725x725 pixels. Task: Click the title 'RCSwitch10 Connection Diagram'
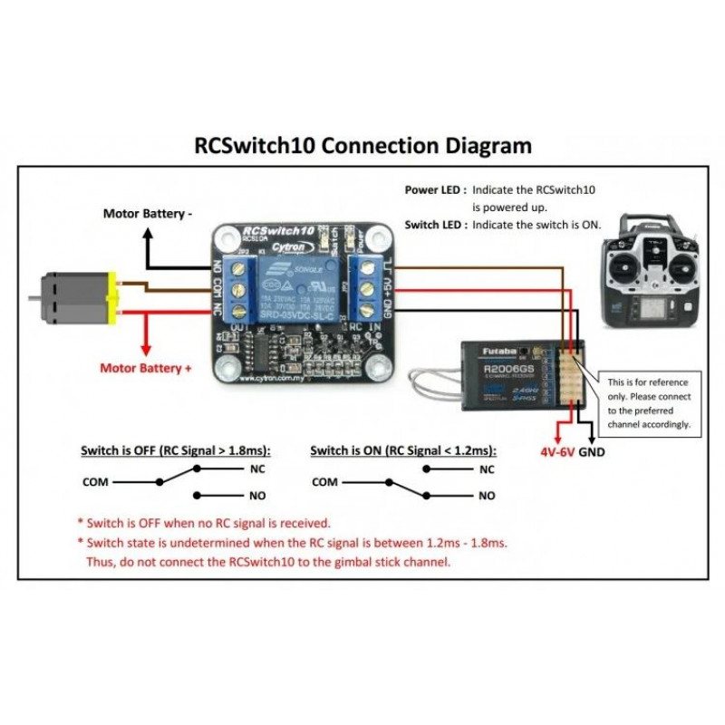click(x=363, y=145)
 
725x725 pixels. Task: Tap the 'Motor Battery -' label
click(x=147, y=215)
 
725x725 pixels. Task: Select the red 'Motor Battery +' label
click(x=146, y=369)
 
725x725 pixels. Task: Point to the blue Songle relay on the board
click(x=294, y=286)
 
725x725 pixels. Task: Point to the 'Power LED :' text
click(x=435, y=190)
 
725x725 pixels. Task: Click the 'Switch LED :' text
click(x=435, y=224)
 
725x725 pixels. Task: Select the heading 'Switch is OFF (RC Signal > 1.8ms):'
click(x=176, y=449)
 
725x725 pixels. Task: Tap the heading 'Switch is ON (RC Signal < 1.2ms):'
click(x=401, y=449)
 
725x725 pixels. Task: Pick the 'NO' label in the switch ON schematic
click(x=487, y=496)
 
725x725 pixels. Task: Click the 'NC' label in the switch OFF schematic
click(x=257, y=469)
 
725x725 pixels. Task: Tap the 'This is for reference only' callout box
click(x=649, y=402)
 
